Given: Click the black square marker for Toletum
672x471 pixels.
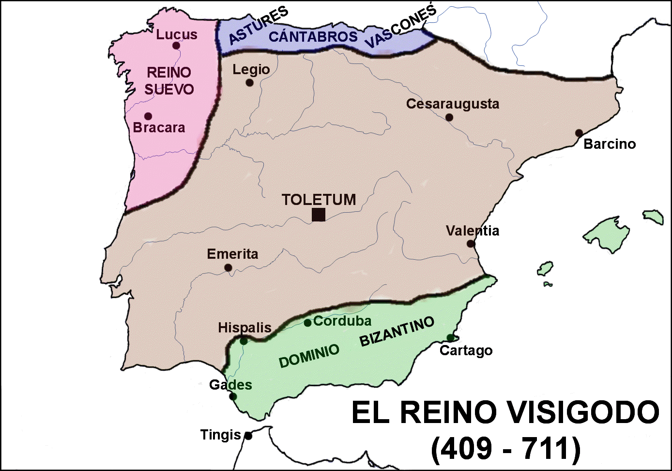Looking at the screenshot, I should tap(318, 215).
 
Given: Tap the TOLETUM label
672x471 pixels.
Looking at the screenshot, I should tap(319, 199).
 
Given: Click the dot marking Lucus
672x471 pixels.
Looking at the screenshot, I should tap(176, 46).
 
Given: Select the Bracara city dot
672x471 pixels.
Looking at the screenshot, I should tap(148, 116).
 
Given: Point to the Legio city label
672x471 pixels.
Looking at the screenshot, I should tap(251, 70).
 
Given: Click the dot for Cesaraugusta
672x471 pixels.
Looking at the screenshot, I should tap(449, 117).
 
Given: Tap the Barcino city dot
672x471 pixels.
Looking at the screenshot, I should tap(579, 133).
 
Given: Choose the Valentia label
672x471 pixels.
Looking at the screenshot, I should tap(472, 231).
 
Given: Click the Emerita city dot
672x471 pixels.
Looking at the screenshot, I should tap(228, 267).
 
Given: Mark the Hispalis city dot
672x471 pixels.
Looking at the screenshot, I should tap(244, 341).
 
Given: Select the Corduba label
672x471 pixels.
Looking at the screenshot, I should tap(342, 321).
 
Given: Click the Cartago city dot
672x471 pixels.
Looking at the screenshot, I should tap(450, 338).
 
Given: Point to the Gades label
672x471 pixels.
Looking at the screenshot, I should tap(230, 385).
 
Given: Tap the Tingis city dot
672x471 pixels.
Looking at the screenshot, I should tap(248, 436).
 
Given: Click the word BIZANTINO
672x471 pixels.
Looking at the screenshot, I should tap(397, 331).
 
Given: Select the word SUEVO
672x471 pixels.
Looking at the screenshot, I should tap(169, 89).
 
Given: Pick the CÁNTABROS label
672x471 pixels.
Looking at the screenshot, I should tap(313, 36).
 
